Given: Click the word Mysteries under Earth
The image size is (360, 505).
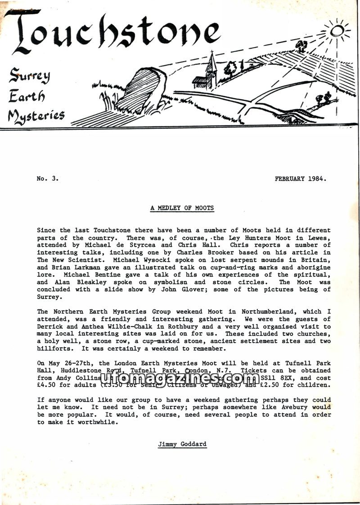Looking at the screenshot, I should tap(36, 116).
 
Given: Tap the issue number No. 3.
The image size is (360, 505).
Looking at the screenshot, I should tap(47, 179).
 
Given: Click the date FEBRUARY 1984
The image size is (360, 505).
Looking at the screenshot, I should tap(300, 179).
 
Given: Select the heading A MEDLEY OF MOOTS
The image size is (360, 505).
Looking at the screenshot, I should tap(182, 208).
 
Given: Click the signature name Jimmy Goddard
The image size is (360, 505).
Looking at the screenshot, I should tap(182, 444).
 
